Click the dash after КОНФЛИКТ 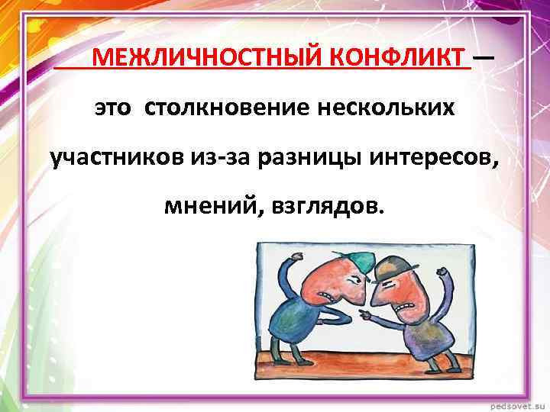(483, 56)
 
